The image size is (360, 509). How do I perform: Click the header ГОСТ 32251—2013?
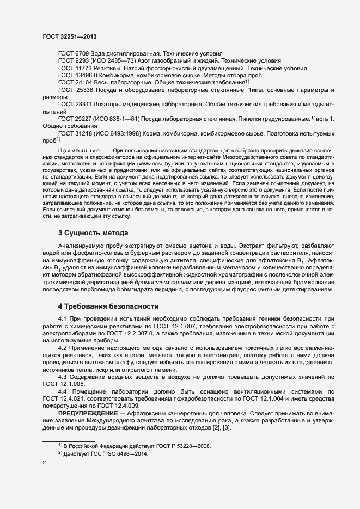pyautogui.click(x=70, y=36)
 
